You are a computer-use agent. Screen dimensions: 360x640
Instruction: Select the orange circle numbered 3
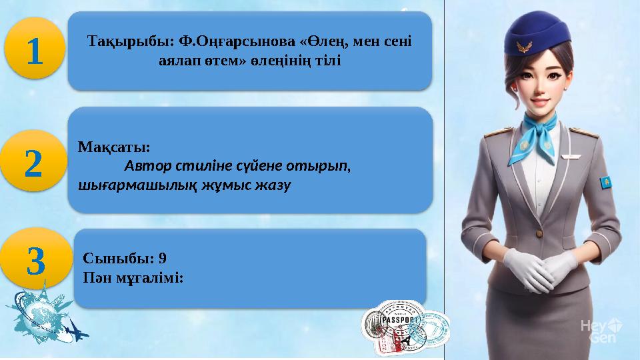36,261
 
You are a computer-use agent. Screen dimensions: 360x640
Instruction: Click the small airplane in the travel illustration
74,329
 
